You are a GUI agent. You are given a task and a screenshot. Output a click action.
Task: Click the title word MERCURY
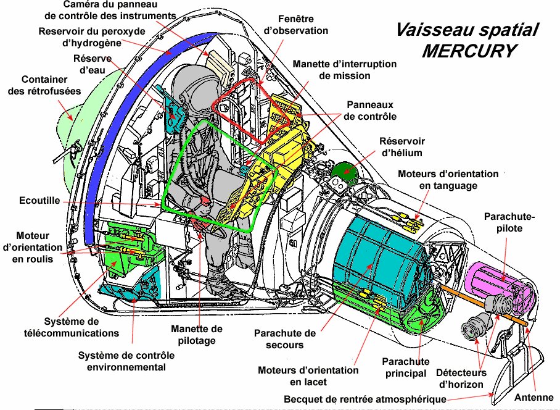[x=469, y=51]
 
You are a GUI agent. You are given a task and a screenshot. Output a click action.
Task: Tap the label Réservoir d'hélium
[x=402, y=147]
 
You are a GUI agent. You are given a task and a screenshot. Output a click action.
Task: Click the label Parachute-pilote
[x=509, y=222]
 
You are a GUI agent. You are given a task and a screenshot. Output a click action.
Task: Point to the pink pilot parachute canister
[x=498, y=282]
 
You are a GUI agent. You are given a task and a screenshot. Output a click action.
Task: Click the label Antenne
[x=533, y=397]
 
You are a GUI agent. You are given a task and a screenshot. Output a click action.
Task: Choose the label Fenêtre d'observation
[x=295, y=25]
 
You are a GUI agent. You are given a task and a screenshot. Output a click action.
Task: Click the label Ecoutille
[x=39, y=201]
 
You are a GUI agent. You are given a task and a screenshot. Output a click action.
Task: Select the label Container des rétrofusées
[x=44, y=85]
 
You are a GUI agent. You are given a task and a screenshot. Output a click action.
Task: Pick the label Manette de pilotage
[x=196, y=335]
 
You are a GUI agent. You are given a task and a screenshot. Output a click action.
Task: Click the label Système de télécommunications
[x=72, y=327]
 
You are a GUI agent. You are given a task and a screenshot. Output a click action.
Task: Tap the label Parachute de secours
[x=285, y=339]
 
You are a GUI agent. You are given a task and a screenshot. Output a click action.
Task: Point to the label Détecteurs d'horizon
[x=461, y=379]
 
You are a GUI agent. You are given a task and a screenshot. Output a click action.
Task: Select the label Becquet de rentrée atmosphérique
[x=365, y=399]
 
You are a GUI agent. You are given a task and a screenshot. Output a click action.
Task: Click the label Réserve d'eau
[x=92, y=64]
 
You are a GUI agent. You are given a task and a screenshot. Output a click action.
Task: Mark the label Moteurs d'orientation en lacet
[x=308, y=376]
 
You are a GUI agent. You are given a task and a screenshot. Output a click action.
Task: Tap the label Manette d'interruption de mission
[x=345, y=70]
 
